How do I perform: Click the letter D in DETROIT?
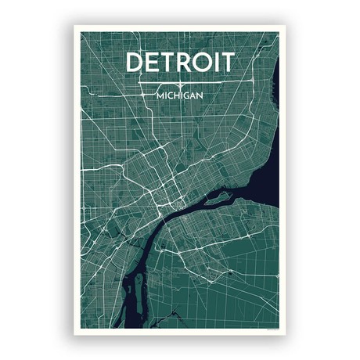(135, 62)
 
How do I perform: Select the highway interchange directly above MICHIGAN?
(180, 82)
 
